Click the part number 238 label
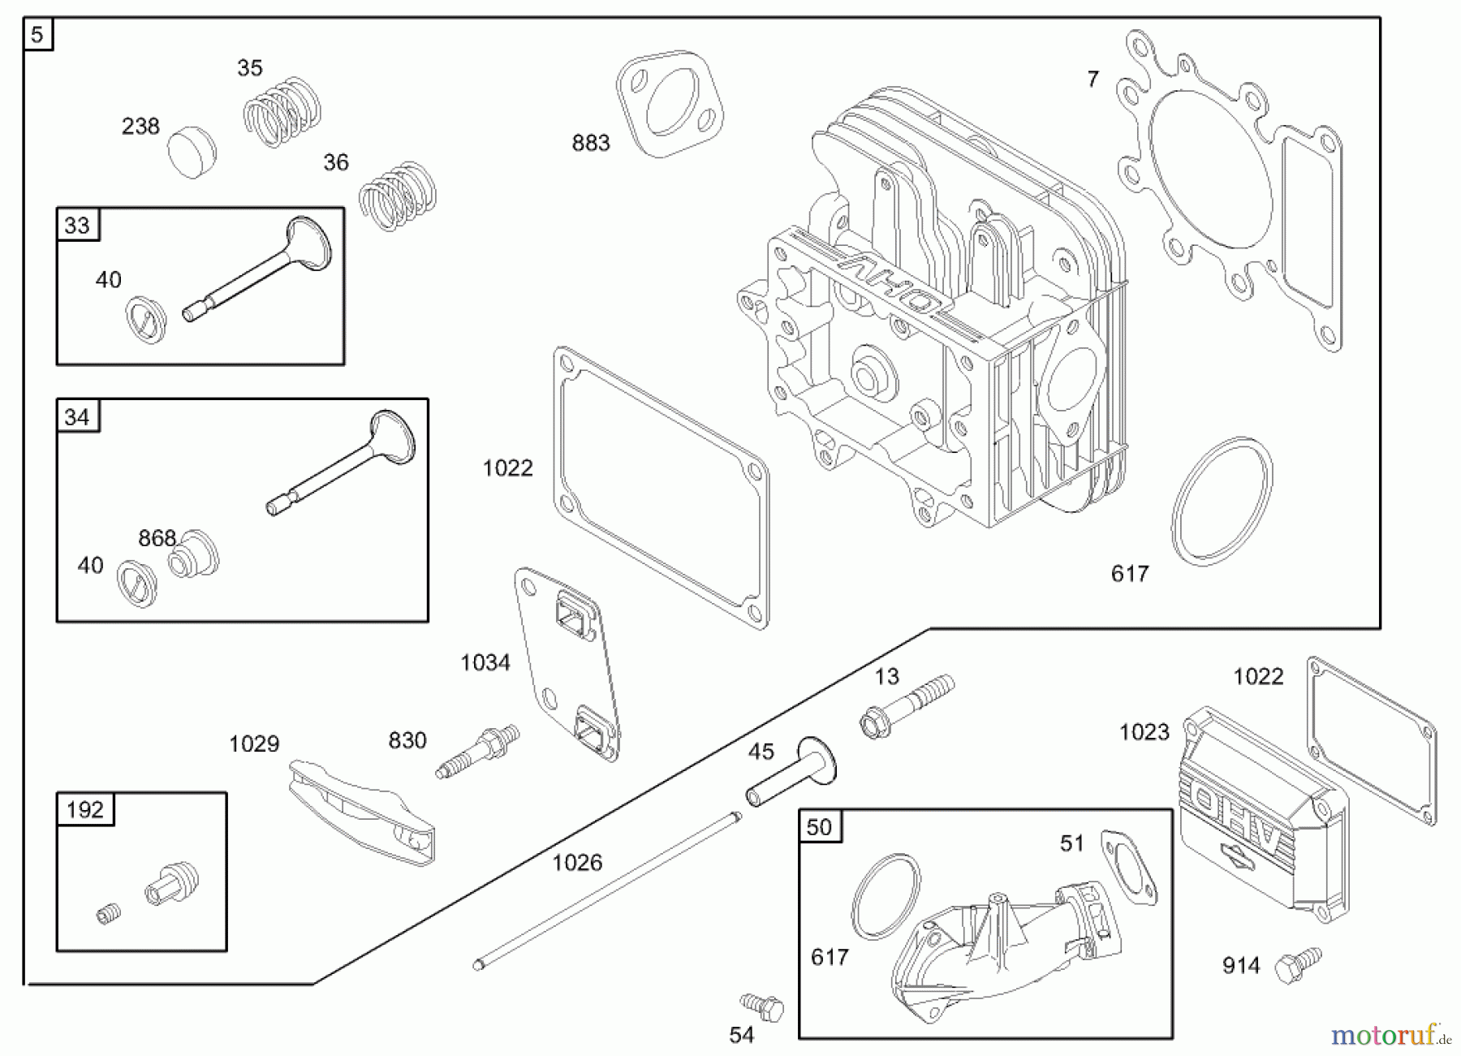[x=140, y=127]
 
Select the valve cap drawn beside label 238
[x=192, y=152]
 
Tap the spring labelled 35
[x=282, y=112]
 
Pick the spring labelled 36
[x=397, y=196]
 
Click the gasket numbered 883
[x=670, y=104]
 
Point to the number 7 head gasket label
[x=1093, y=80]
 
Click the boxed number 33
[x=77, y=225]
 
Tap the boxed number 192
[x=84, y=809]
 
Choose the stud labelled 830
[x=478, y=751]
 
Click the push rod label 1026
[x=577, y=863]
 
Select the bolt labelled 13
[x=906, y=705]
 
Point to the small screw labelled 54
[x=761, y=1006]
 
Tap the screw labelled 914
[x=1297, y=965]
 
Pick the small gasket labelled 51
[x=1129, y=868]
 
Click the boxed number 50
[x=819, y=826]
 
